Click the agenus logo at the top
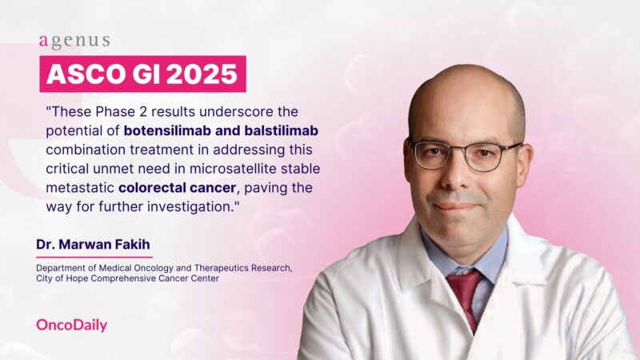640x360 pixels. [74, 41]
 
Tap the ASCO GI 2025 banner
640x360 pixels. [142, 74]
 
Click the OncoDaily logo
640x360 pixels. [71, 325]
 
